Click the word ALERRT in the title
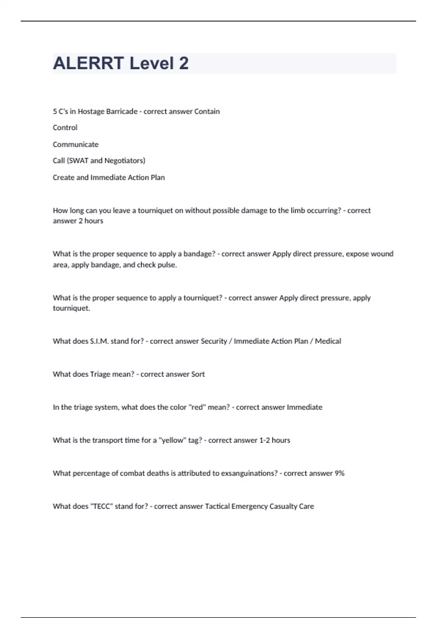[x=88, y=63]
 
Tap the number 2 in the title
[x=184, y=63]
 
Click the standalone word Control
[x=65, y=128]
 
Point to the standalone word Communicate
[x=76, y=144]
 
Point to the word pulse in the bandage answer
[x=168, y=265]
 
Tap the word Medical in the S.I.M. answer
[x=328, y=341]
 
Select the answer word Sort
[x=198, y=374]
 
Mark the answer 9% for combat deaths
[x=339, y=473]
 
